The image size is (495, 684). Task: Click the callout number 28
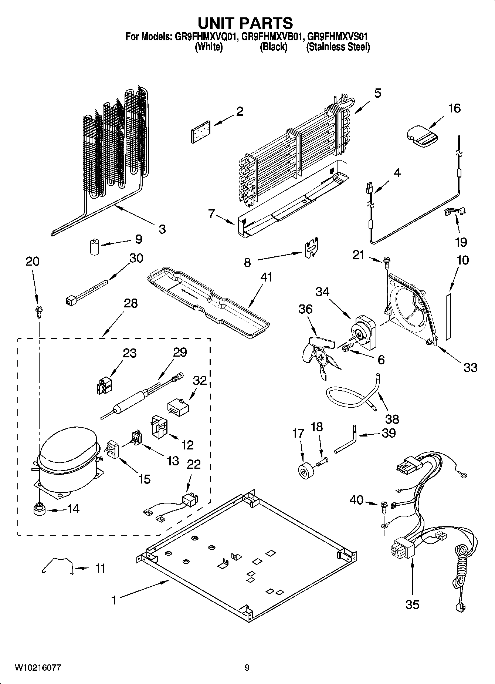pos(130,303)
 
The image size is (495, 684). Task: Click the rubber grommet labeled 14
pos(38,509)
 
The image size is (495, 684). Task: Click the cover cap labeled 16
pos(422,137)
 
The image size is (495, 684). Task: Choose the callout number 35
pos(412,604)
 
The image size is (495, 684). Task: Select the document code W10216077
pos(38,667)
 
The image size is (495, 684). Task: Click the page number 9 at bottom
pos(247,667)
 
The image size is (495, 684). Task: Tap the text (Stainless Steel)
pos(338,47)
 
